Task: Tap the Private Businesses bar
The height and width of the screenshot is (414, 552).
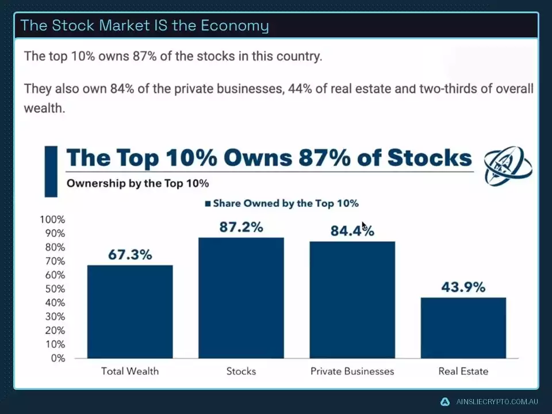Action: pos(352,300)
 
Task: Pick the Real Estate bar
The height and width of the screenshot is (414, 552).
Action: pos(463,328)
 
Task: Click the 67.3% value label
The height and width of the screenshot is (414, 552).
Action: pos(130,255)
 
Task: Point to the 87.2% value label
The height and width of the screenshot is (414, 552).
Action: pos(241,227)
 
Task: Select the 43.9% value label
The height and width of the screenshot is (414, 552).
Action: pos(463,287)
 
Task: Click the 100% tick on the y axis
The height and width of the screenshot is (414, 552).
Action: pos(52,220)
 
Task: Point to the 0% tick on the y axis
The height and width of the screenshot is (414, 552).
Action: pos(57,358)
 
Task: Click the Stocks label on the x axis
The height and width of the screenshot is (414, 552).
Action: pos(241,371)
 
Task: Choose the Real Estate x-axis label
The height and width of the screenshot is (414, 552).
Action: pos(463,371)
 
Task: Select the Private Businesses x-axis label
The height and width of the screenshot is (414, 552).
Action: pos(352,371)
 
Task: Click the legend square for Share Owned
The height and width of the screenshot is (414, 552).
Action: pos(208,204)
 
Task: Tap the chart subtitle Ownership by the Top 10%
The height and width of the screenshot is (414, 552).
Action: pos(137,184)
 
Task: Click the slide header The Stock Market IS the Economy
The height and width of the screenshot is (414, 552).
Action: pos(144,25)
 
